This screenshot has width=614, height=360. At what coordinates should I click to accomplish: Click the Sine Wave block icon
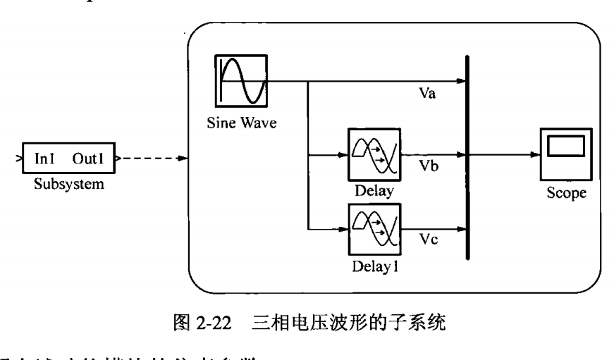tap(242, 82)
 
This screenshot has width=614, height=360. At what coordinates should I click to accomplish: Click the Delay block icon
tap(374, 154)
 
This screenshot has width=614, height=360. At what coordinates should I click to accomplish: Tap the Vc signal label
tap(429, 243)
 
